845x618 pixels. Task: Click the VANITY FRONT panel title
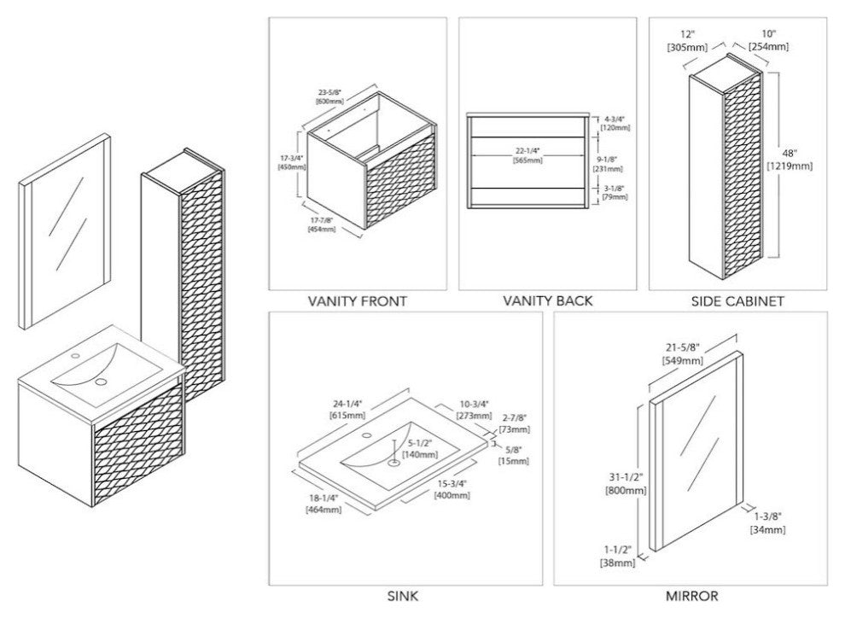click(357, 300)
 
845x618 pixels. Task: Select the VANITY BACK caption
click(547, 300)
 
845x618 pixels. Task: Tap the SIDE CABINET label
click(737, 300)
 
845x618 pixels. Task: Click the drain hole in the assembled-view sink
click(104, 382)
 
